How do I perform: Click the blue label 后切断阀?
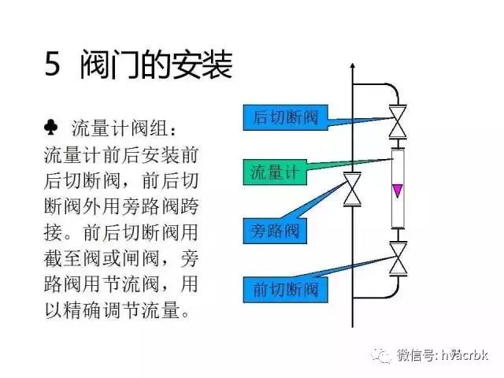pos(285,117)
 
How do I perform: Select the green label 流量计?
pos(275,172)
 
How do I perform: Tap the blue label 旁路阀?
pos(275,231)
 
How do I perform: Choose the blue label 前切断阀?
pos(285,290)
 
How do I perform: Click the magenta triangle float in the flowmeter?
pos(398,191)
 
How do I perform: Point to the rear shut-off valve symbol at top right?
pos(398,121)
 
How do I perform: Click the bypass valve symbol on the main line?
pos(353,189)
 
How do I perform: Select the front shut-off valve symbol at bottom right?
pos(398,258)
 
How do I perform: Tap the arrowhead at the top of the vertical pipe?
pos(353,66)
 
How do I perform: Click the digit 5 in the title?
pos(53,64)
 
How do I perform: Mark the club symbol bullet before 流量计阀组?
pos(51,128)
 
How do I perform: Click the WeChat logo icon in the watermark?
pos(381,355)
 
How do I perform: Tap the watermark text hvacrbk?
pos(465,355)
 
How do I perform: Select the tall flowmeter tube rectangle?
pos(398,189)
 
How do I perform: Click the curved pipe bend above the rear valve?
pos(393,90)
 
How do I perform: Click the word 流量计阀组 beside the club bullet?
pos(119,128)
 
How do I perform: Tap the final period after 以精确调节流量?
pos(186,313)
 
